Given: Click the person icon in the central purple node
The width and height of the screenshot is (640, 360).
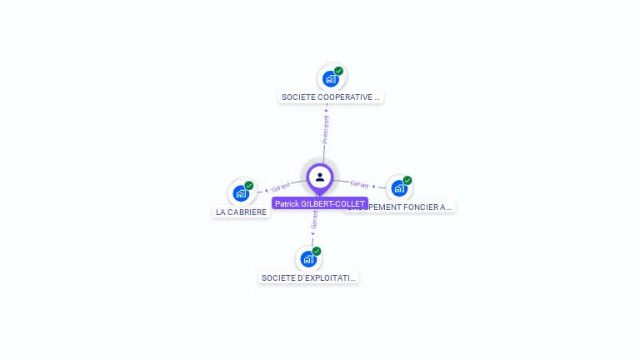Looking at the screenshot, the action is (x=320, y=177).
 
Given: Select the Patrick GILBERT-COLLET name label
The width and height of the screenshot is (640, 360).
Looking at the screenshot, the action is (x=320, y=203).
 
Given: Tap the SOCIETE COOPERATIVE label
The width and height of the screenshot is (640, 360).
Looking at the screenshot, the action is (x=331, y=97).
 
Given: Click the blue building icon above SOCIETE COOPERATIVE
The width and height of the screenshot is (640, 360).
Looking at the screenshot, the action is (x=331, y=79).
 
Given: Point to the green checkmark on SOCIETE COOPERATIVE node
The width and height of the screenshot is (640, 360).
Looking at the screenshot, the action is (x=339, y=71).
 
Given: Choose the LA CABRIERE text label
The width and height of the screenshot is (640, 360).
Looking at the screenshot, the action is (x=242, y=212).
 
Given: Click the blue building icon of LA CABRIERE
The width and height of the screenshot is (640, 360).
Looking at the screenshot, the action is (x=241, y=193).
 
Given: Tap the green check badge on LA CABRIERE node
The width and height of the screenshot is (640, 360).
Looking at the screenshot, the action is (x=249, y=185).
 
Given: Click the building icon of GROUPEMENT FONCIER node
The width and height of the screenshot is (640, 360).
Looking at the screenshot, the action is (x=398, y=187).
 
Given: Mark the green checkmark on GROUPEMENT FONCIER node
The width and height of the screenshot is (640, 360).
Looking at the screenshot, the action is (x=407, y=180).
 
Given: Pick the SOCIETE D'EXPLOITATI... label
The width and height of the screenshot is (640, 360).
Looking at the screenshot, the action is (x=308, y=277).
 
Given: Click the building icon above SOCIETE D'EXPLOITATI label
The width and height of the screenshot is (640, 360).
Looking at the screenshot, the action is (x=308, y=258).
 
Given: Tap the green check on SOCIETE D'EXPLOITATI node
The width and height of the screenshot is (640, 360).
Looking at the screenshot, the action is (x=317, y=251).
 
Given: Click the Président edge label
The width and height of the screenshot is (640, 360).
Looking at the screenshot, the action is (x=326, y=129).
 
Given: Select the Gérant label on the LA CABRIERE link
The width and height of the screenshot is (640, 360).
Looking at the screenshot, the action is (x=281, y=187).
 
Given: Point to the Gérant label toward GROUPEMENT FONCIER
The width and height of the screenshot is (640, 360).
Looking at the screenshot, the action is (x=359, y=184).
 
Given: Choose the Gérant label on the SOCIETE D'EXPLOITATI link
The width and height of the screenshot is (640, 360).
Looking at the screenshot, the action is (x=314, y=220).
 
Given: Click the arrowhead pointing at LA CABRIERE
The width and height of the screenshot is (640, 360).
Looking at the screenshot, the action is (x=266, y=190).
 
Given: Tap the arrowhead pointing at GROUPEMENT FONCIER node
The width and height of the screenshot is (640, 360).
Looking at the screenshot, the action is (x=374, y=186).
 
